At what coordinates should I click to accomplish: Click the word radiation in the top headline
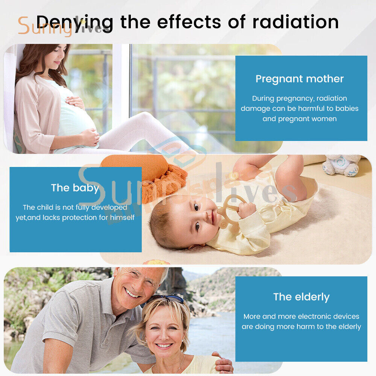click(296, 22)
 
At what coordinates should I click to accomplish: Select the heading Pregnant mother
click(300, 79)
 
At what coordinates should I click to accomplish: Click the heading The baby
click(75, 188)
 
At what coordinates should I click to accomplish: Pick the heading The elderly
click(301, 297)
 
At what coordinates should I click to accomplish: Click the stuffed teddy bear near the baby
click(342, 165)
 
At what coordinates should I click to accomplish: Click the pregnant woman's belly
click(77, 115)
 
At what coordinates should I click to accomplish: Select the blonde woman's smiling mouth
click(164, 346)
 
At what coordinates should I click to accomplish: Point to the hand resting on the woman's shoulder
click(223, 362)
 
